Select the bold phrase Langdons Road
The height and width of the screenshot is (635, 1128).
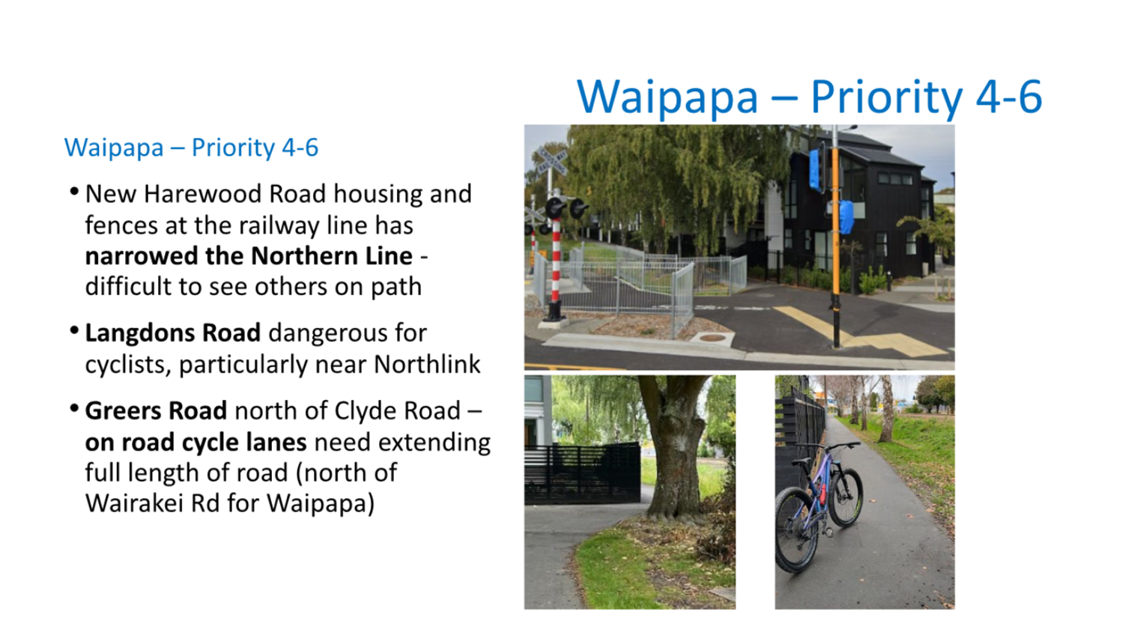click(173, 333)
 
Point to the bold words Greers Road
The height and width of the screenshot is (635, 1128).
click(156, 411)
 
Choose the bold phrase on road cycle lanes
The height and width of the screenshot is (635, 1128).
click(196, 443)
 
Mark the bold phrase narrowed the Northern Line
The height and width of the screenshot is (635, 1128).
click(249, 256)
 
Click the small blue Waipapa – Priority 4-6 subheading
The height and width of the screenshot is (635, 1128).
click(191, 148)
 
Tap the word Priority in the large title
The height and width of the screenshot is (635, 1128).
click(886, 98)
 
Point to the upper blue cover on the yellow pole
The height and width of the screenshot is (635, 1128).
click(815, 169)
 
